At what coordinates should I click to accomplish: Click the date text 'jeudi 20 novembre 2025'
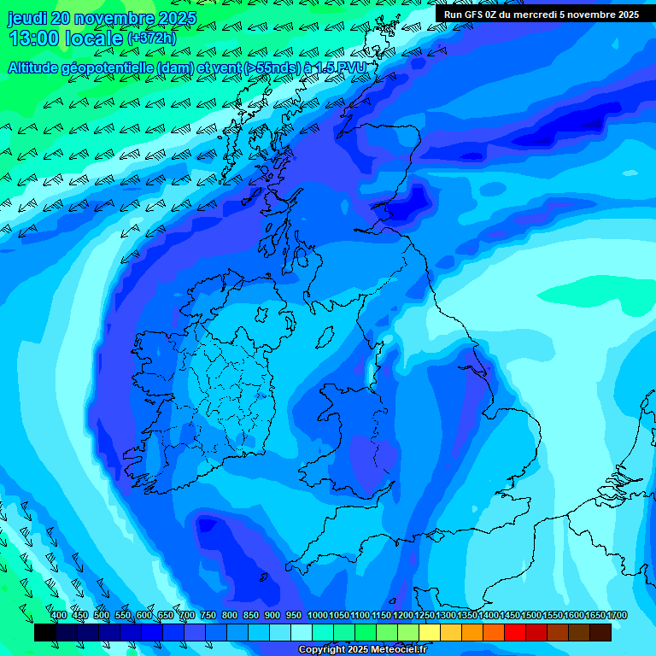pyautogui.click(x=102, y=18)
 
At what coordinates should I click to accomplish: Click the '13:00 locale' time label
pyautogui.click(x=65, y=38)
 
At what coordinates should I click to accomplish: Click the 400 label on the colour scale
pyautogui.click(x=58, y=615)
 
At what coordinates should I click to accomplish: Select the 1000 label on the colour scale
pyautogui.click(x=317, y=615)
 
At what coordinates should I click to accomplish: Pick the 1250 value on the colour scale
pyautogui.click(x=425, y=615)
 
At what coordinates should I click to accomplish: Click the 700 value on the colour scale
pyautogui.click(x=187, y=615)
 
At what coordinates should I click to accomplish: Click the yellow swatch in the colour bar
pyautogui.click(x=430, y=632)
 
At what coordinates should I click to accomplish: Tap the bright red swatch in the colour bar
pyautogui.click(x=515, y=632)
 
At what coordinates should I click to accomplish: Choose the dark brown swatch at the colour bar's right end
pyautogui.click(x=600, y=632)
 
